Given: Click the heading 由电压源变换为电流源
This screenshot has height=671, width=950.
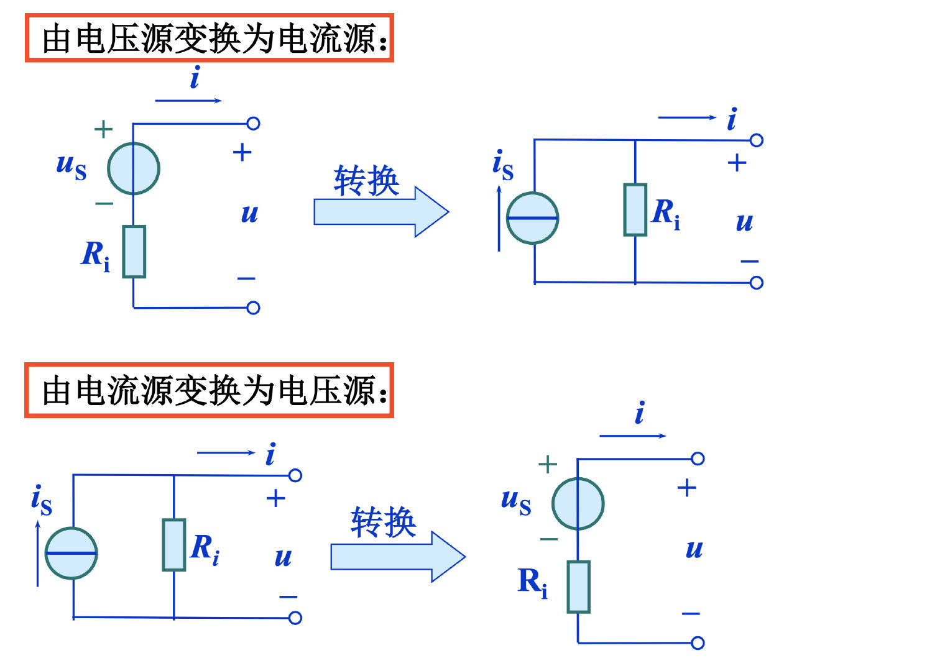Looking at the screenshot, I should point(210,39).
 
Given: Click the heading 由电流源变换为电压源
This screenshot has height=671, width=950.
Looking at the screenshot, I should point(210,390).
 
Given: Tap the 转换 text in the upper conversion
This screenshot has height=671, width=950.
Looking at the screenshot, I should point(366,181).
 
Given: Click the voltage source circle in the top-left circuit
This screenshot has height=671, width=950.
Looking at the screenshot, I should point(134,168).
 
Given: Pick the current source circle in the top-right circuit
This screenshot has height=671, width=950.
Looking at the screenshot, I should point(533,218).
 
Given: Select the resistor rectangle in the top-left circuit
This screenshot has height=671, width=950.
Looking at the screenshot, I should point(134,252).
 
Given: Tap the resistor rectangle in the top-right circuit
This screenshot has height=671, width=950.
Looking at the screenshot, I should point(635,210).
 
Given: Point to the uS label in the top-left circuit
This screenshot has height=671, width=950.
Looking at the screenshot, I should point(71,165).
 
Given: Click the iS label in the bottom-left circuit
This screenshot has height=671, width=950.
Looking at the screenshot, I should point(42,500).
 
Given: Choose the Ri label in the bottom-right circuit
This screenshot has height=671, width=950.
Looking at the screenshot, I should point(533,583).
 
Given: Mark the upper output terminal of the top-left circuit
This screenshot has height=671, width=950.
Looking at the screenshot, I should point(253,124).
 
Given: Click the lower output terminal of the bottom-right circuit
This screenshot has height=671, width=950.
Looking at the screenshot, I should point(698,643).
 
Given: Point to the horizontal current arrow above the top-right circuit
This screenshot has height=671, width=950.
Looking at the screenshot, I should point(687,117).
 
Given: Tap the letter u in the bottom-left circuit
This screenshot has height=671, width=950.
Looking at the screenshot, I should point(283,557).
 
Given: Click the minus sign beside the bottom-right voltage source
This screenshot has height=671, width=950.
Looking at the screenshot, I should point(549,539).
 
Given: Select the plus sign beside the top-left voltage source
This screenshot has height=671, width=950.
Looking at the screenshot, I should point(103,129).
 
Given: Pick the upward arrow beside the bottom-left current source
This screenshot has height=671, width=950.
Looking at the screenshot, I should point(38,553).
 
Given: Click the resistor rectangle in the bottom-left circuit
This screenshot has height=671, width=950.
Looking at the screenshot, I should point(174,545).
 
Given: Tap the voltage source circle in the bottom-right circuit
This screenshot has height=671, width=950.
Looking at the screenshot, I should point(578,503).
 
